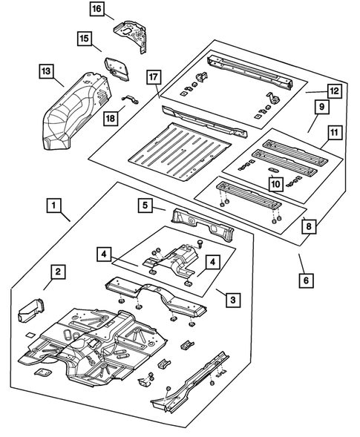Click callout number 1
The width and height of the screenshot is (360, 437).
(53, 203)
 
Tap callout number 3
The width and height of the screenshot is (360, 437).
(232, 299)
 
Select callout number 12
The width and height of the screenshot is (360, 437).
(333, 90)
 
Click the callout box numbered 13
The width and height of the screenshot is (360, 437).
(46, 70)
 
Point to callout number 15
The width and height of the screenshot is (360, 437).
(85, 38)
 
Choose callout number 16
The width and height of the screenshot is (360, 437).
(98, 9)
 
